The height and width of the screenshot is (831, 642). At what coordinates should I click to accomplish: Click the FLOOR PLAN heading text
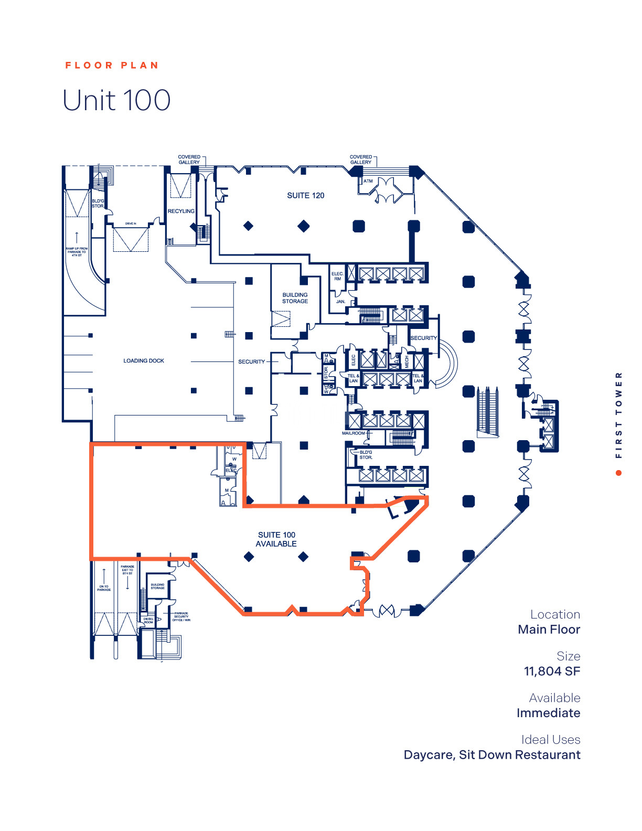click(x=111, y=66)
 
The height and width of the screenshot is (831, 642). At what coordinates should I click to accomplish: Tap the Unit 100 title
click(x=116, y=100)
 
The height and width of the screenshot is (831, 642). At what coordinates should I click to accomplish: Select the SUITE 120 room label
click(x=305, y=196)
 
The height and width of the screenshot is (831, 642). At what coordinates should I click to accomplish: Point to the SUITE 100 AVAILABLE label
click(x=276, y=539)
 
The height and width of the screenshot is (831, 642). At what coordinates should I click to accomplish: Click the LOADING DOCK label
click(x=144, y=361)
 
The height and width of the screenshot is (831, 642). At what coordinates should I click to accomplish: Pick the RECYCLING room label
click(x=181, y=211)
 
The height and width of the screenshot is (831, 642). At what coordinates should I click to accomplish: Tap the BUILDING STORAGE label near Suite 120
click(x=295, y=298)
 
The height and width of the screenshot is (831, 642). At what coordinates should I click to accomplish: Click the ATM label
click(x=368, y=182)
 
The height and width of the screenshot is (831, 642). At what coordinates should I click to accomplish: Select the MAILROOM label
click(x=354, y=433)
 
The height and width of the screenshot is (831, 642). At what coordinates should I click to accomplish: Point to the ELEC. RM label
click(x=337, y=276)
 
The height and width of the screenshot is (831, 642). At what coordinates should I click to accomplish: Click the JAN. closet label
click(x=340, y=302)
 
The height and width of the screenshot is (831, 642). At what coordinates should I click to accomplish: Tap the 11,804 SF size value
click(x=552, y=671)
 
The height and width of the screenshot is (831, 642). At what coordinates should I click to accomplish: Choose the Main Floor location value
click(x=549, y=630)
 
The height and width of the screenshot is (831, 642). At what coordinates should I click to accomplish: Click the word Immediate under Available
click(x=548, y=713)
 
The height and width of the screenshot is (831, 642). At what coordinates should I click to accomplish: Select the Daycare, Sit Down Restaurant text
click(x=491, y=755)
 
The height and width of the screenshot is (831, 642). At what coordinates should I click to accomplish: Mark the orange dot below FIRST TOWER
click(x=619, y=473)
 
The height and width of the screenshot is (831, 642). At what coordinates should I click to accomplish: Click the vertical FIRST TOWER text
click(x=619, y=414)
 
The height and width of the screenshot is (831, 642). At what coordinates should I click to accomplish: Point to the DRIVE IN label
click(x=131, y=223)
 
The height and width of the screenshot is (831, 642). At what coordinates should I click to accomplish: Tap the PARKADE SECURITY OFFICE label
click(x=181, y=616)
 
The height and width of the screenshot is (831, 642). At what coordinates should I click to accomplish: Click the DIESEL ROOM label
click(x=148, y=621)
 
